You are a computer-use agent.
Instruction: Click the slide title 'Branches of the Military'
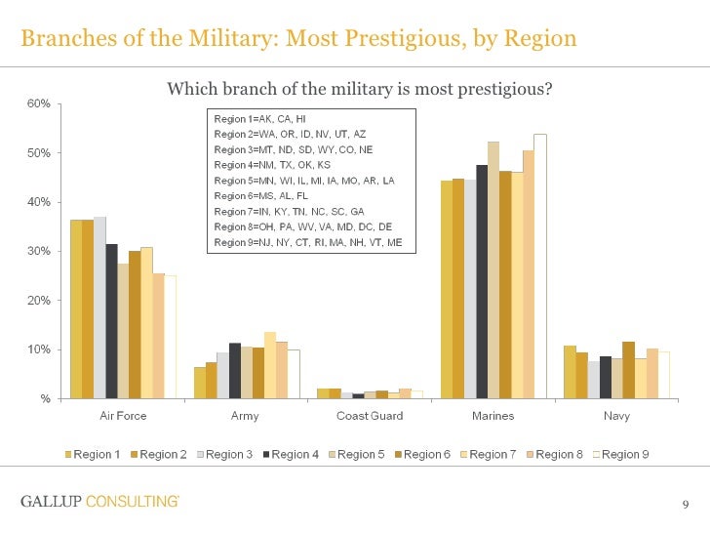(298, 39)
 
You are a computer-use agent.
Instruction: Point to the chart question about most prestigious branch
(360, 90)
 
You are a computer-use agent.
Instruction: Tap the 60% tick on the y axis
(38, 104)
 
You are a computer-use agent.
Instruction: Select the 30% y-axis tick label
(38, 252)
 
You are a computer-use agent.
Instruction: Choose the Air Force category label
(124, 416)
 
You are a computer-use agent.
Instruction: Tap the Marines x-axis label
(493, 416)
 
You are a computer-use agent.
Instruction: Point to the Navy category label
(616, 416)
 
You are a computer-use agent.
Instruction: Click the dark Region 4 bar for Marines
(482, 281)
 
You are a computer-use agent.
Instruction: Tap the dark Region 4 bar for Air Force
(111, 321)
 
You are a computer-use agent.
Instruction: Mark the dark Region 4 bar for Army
(235, 371)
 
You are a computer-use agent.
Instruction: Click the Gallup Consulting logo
(99, 502)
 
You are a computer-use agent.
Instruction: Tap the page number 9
(686, 504)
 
